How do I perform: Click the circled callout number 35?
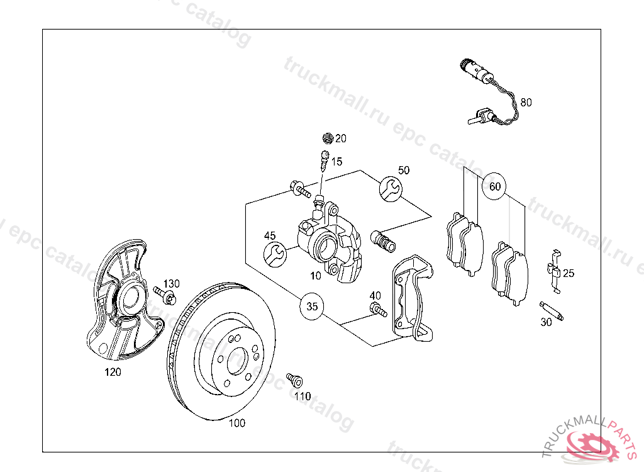312,307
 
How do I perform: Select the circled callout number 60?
495,186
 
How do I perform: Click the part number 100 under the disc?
236,423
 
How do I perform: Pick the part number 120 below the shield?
113,372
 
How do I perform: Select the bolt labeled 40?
377,309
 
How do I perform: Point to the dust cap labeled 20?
326,138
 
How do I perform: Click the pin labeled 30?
553,311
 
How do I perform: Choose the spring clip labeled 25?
554,271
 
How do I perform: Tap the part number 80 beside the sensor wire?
526,102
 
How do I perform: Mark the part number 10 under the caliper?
316,275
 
